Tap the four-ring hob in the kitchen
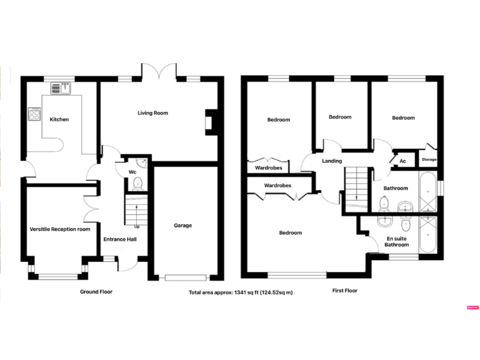(34, 114)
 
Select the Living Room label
(153, 113)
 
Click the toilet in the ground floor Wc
(137, 182)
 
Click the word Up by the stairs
(137, 226)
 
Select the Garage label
(182, 226)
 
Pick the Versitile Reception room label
(60, 229)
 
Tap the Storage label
(429, 160)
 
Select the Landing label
(332, 161)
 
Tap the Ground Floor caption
(96, 291)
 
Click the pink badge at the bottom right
(472, 307)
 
